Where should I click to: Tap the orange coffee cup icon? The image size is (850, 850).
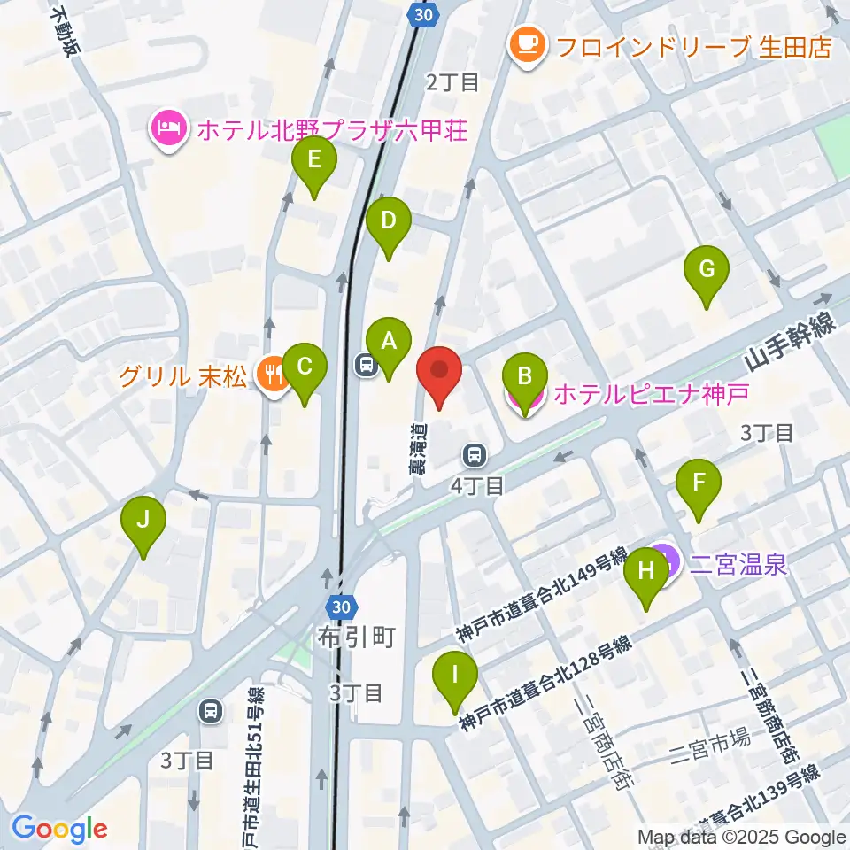pos(529,44)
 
